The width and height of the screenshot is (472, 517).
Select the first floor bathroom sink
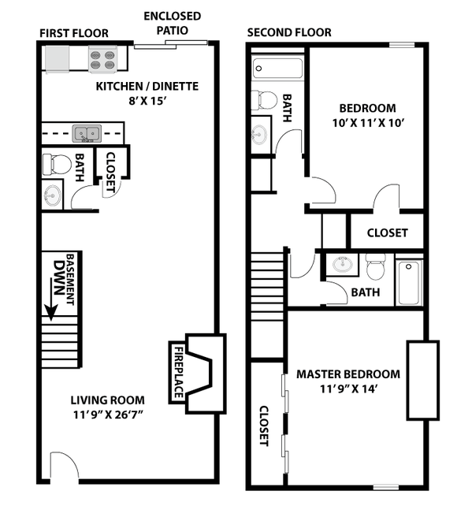[x=53, y=195]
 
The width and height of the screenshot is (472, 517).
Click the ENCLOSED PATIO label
[x=172, y=23]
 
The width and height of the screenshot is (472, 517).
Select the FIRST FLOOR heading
[x=73, y=33]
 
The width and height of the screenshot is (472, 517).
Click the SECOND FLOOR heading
[x=289, y=33]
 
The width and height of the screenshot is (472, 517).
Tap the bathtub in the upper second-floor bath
[x=277, y=68]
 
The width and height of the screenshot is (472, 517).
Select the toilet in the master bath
[x=375, y=267]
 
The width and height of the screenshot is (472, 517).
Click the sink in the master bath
[x=342, y=264]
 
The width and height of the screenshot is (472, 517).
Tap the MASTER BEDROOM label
[x=347, y=374]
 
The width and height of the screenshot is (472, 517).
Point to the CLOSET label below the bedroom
[x=388, y=232]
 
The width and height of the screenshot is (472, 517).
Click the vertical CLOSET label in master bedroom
[x=265, y=426]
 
